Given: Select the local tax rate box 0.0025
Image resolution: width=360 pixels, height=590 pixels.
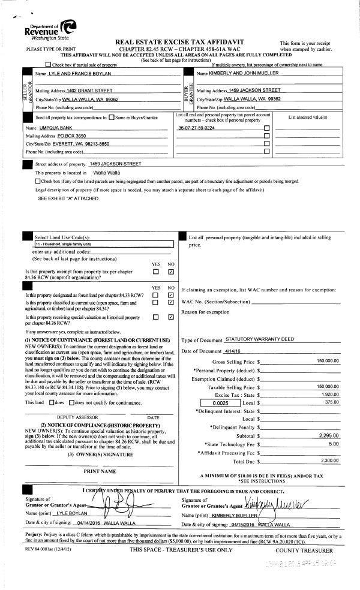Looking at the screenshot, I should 204,404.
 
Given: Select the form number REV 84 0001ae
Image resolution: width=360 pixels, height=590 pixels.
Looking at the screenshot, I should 34,550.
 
